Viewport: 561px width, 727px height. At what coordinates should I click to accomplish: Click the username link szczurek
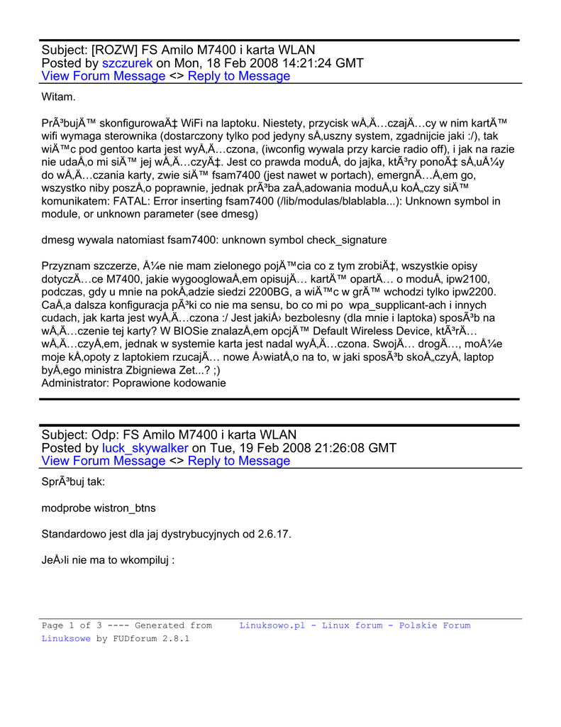point(128,63)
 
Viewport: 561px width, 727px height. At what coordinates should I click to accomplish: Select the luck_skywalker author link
point(145,448)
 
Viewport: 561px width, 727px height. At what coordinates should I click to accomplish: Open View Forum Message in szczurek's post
point(104,76)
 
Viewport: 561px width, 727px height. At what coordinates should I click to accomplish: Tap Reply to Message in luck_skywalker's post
point(239,461)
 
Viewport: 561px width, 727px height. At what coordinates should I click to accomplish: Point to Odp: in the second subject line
point(106,434)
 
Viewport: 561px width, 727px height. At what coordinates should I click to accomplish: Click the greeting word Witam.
point(59,96)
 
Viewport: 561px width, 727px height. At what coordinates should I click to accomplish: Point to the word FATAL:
point(133,201)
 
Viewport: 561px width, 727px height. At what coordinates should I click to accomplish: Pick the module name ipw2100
point(468,279)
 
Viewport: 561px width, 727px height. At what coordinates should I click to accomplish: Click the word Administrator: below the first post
point(76,383)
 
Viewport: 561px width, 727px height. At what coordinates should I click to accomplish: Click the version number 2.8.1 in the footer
point(177,638)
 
